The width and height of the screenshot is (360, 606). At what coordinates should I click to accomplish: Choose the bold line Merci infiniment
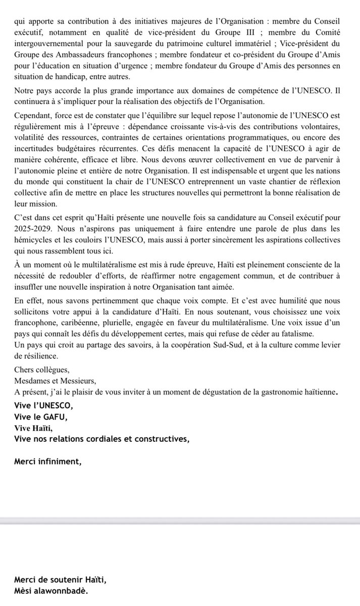point(47,461)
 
